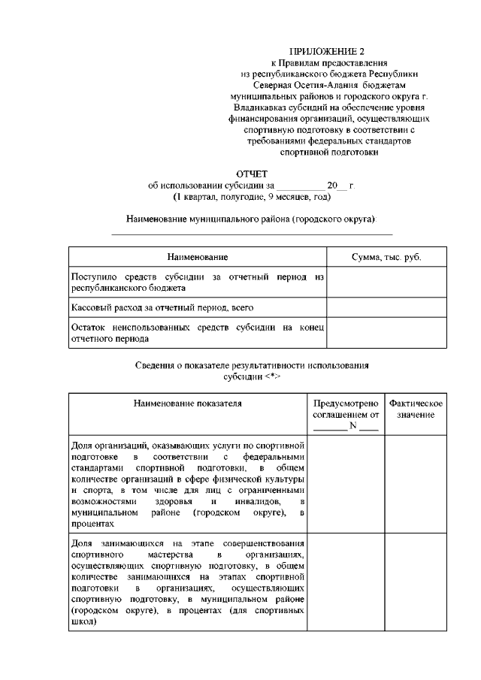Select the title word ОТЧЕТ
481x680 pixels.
(253, 174)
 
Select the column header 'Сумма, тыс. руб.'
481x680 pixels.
(386, 257)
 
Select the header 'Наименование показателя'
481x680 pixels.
(187, 403)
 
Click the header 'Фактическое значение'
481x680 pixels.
(415, 409)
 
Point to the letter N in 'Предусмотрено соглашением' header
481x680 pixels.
(352, 426)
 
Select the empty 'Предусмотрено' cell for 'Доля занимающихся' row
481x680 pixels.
(345, 582)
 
